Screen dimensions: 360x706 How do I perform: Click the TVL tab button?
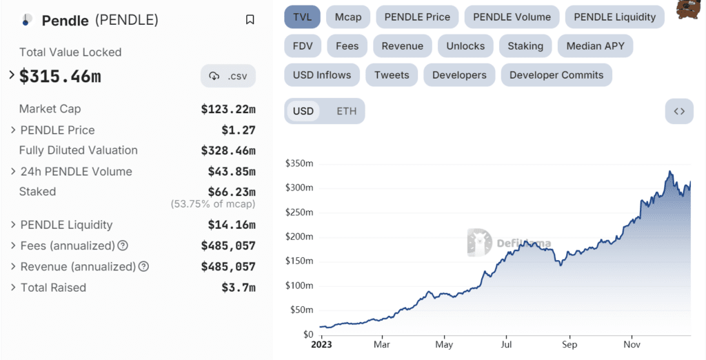tap(302, 17)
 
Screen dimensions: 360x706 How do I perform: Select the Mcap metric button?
tap(348, 17)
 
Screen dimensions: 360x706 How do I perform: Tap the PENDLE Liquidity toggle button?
tap(614, 17)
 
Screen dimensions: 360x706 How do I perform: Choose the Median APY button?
tap(595, 46)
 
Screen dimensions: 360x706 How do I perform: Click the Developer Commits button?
tap(556, 75)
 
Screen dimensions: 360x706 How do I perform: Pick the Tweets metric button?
tap(392, 75)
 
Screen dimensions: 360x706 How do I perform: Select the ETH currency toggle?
tap(347, 111)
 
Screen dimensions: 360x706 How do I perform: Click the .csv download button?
tap(228, 76)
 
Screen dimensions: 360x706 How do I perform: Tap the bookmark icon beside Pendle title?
tap(250, 20)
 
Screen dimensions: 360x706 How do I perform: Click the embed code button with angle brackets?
tap(679, 111)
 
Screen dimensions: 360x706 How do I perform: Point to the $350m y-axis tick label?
tap(299, 163)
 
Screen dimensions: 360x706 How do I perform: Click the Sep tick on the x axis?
tap(569, 344)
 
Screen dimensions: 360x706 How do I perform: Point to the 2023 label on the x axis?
tap(321, 344)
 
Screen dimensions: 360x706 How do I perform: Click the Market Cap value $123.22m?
tap(228, 109)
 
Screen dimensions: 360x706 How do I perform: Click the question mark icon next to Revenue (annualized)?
tap(143, 267)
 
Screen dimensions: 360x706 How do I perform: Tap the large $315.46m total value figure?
tap(60, 77)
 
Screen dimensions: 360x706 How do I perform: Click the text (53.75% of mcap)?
tap(213, 204)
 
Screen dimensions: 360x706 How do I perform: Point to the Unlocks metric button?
tap(465, 46)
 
